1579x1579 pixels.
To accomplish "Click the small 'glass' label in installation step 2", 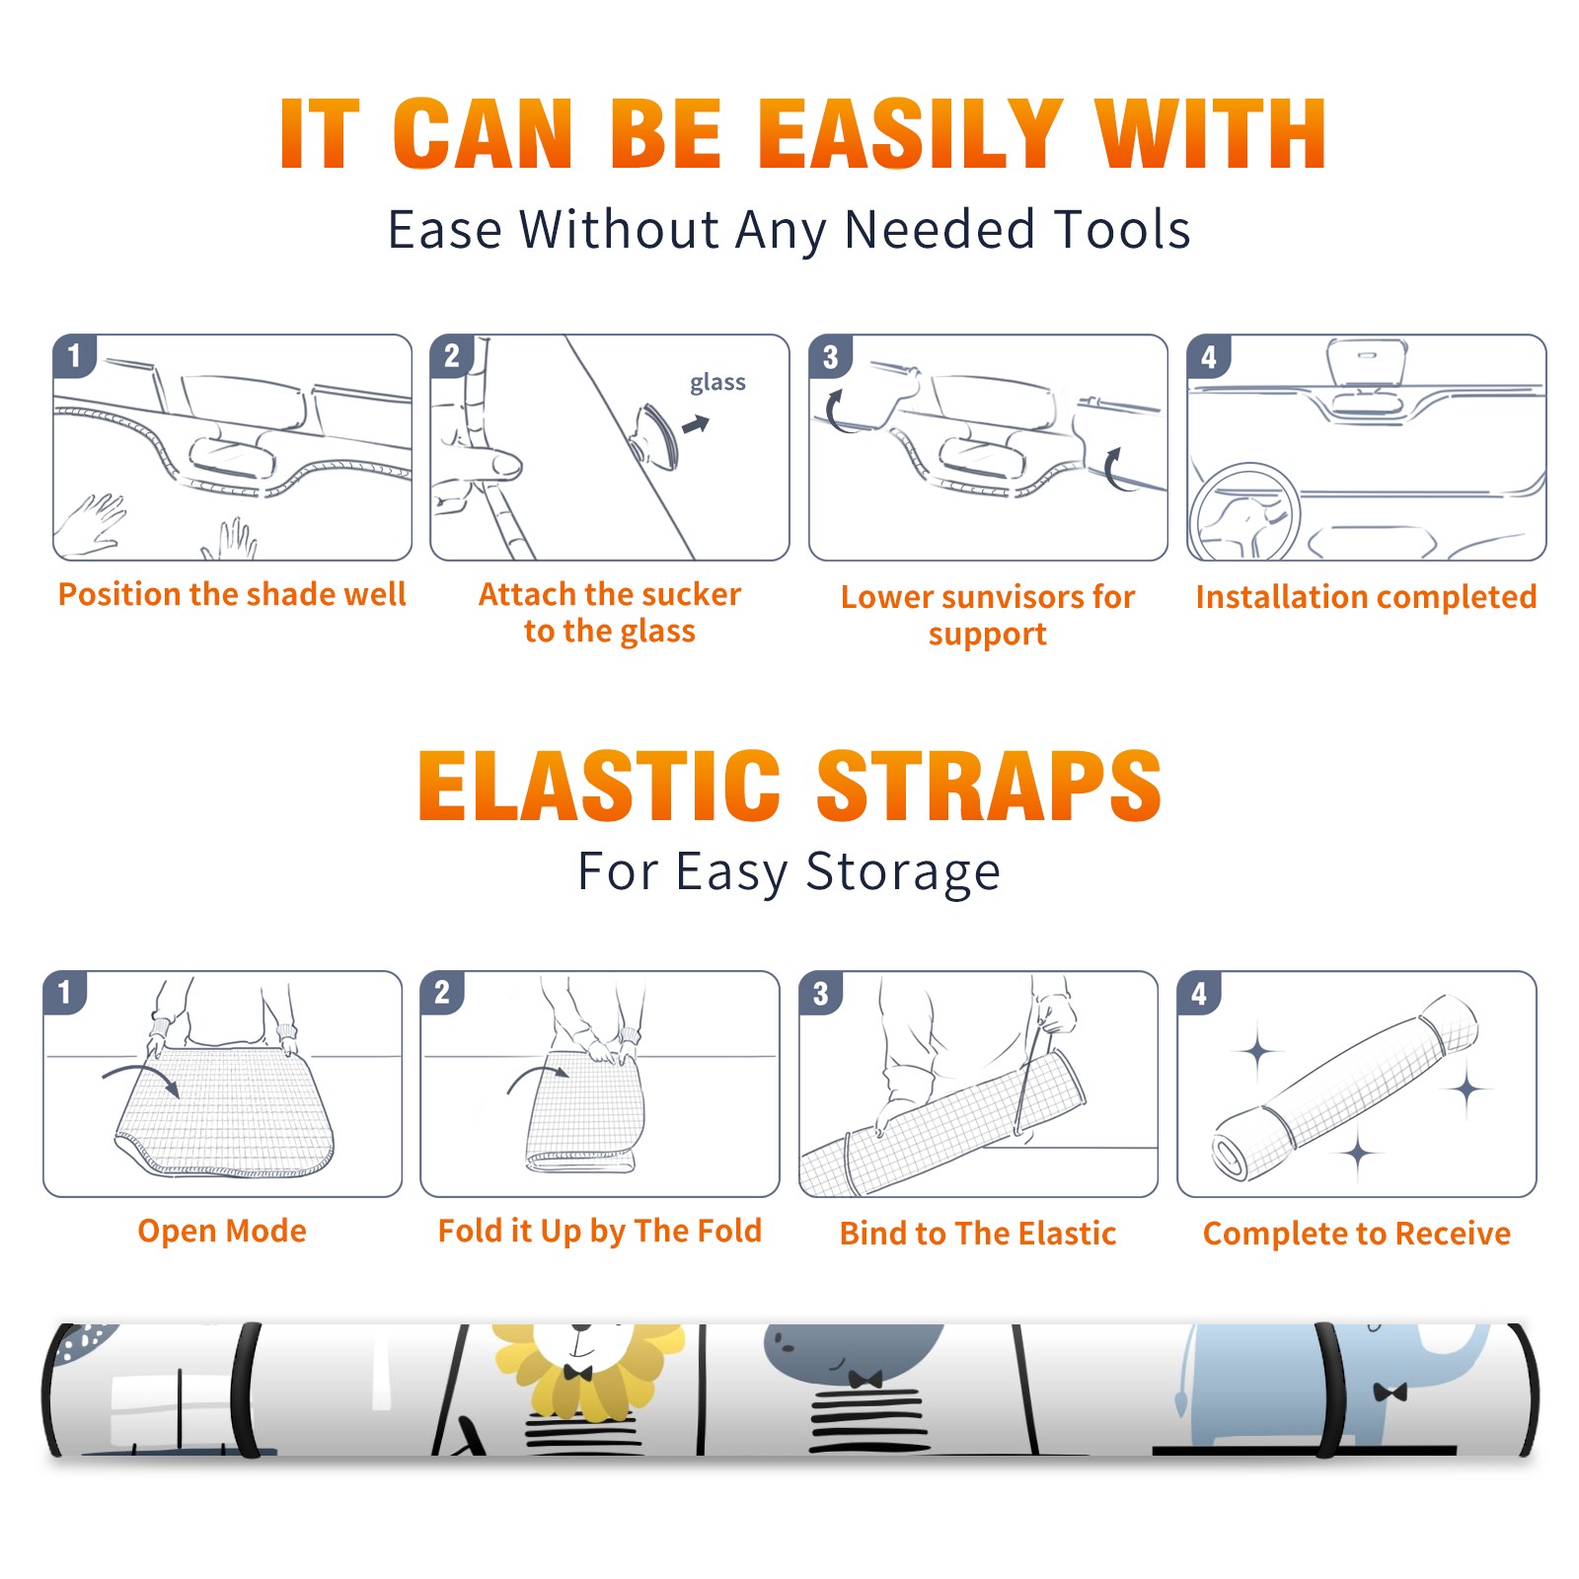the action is coord(717,382).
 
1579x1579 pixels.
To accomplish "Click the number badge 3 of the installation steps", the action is coord(830,356).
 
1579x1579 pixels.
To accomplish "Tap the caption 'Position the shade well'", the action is coord(232,594).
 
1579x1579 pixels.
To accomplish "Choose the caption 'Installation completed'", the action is coord(1366,596).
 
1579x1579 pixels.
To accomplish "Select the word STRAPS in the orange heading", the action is coord(989,786).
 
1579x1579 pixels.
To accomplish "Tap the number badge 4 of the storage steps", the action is coord(1199,993).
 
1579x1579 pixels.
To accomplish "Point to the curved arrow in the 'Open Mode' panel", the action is coord(141,1072).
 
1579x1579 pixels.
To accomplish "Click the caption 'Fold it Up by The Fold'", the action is coord(600,1231).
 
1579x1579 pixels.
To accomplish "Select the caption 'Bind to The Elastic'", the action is coord(978,1234).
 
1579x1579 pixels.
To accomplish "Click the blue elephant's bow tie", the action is coord(1390,1392).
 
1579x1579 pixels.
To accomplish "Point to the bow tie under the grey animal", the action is coord(865,1378).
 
